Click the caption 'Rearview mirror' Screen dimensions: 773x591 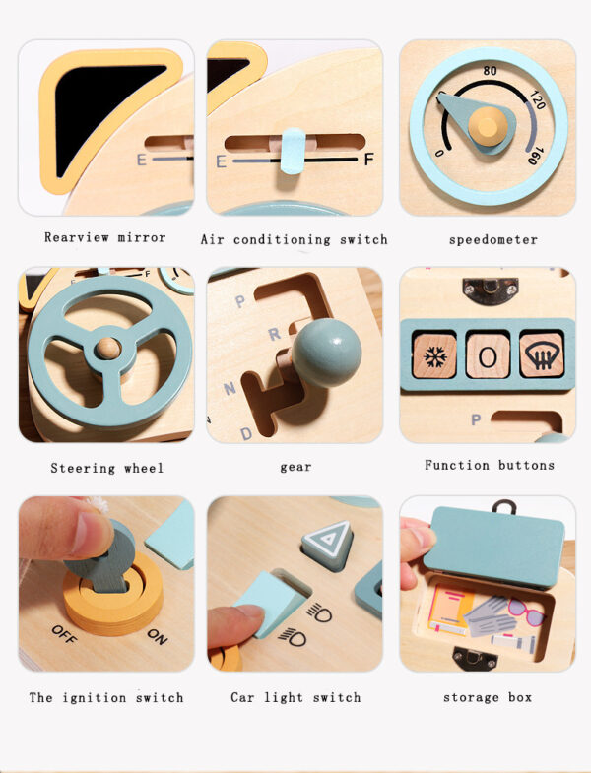[x=105, y=237]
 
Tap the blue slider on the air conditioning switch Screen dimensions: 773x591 [x=293, y=151]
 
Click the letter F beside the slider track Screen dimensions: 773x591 [x=369, y=159]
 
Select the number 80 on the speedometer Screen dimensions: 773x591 [x=490, y=71]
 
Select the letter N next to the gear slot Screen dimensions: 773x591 [x=230, y=389]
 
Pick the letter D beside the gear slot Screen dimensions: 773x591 [x=246, y=431]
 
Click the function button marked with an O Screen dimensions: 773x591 [x=487, y=354]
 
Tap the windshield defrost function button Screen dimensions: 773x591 [x=541, y=354]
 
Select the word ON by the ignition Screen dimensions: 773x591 [x=157, y=635]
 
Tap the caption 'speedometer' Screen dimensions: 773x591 [x=493, y=239]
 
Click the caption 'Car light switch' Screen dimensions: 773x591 [x=295, y=697]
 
